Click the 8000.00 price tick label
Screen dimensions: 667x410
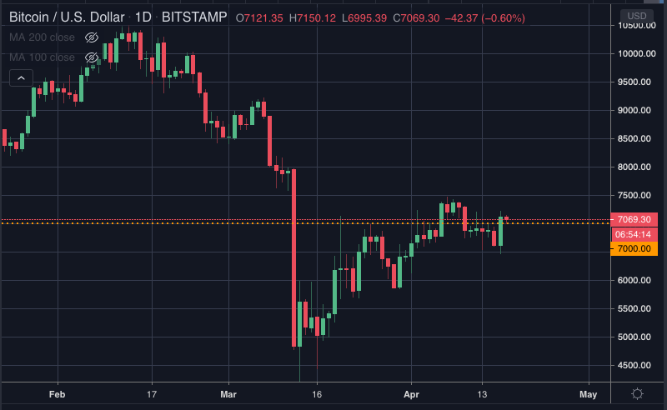pos(634,167)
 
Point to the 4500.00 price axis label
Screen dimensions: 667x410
pos(634,365)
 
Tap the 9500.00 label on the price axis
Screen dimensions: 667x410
pos(634,82)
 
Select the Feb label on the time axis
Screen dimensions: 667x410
pos(57,394)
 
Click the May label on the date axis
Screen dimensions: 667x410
pos(589,394)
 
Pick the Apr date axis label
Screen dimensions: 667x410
pos(411,394)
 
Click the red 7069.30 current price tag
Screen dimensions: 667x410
pos(634,219)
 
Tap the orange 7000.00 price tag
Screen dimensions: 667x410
pos(634,249)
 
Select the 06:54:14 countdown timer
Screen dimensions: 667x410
pos(634,234)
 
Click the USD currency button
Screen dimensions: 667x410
pos(637,16)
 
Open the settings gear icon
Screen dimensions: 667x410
pos(637,394)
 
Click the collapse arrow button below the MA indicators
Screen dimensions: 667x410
pos(22,77)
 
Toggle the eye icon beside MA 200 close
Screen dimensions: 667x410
pos(92,37)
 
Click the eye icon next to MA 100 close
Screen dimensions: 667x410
pos(92,57)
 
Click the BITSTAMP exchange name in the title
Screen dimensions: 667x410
pos(194,17)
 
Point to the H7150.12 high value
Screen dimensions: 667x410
pos(313,18)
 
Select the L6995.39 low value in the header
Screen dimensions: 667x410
pos(364,18)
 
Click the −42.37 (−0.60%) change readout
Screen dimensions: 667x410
pos(485,18)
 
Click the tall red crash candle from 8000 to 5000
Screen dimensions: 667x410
pos(294,258)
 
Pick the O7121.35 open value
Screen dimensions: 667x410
pos(259,18)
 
